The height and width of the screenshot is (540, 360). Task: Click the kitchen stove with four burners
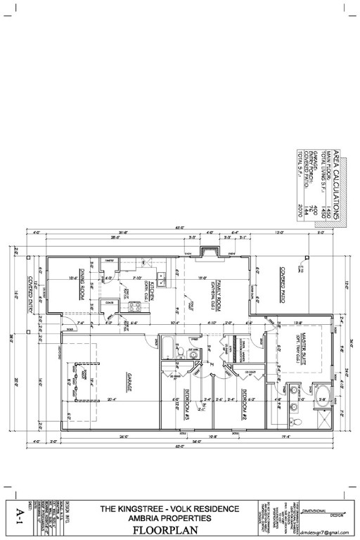135,306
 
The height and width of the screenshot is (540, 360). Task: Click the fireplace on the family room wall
209,255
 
